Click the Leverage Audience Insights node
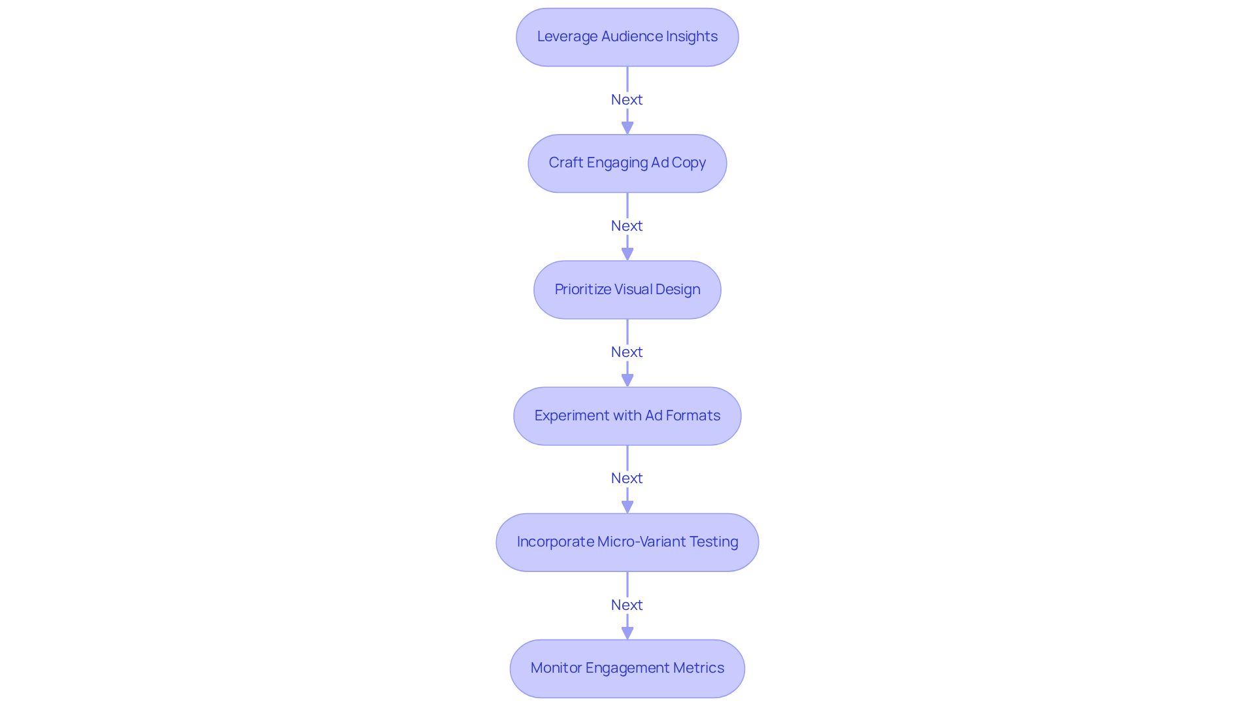tap(627, 37)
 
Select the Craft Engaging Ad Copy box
tap(627, 163)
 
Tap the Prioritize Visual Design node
tap(627, 290)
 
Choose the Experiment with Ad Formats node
tap(627, 416)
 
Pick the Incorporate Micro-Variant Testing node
tap(627, 542)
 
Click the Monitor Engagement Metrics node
tap(627, 668)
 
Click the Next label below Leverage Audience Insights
tap(627, 99)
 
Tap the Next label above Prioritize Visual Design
tap(627, 226)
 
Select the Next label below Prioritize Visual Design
tap(627, 352)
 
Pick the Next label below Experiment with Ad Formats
tap(627, 478)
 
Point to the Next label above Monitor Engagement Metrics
tap(627, 605)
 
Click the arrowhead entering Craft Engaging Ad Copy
tap(627, 127)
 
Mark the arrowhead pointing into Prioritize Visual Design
tap(627, 254)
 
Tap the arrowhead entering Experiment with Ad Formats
tap(627, 380)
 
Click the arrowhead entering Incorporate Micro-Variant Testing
tap(627, 506)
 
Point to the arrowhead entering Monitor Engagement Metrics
tap(627, 633)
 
